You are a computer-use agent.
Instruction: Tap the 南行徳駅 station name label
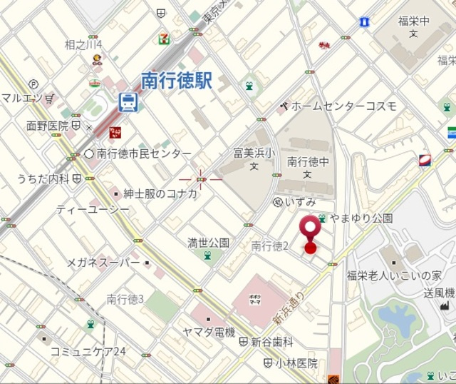coord(177,81)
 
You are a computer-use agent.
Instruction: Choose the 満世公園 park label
coord(208,243)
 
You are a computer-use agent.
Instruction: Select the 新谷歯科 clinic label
coord(272,343)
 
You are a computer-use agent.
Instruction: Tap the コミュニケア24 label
coord(88,351)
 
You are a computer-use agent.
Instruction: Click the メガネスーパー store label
coord(103,263)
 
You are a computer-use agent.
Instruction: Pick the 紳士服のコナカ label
coord(160,193)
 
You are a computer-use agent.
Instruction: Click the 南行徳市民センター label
coord(144,153)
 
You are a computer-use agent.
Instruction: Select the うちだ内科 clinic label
coord(44,178)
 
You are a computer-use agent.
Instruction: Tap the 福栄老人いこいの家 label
coord(394,276)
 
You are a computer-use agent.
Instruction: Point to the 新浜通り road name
coord(289,307)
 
